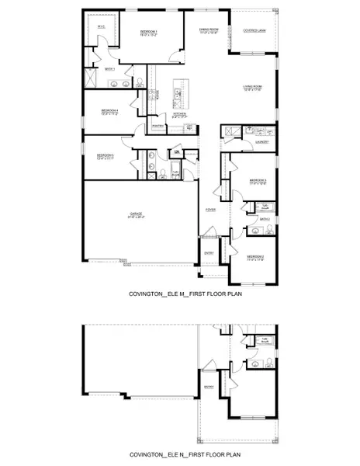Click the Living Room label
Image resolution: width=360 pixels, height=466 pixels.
click(x=256, y=87)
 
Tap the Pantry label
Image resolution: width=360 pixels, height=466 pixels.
click(x=157, y=126)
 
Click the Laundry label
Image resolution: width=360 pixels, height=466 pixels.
click(x=262, y=142)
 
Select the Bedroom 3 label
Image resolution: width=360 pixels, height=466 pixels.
click(x=258, y=181)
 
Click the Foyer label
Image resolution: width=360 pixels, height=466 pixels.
click(x=209, y=210)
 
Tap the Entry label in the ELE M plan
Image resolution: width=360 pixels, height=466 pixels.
click(x=209, y=252)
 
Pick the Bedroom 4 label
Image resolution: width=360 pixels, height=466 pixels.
click(x=109, y=112)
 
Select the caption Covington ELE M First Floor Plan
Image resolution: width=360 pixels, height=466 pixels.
click(x=179, y=297)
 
